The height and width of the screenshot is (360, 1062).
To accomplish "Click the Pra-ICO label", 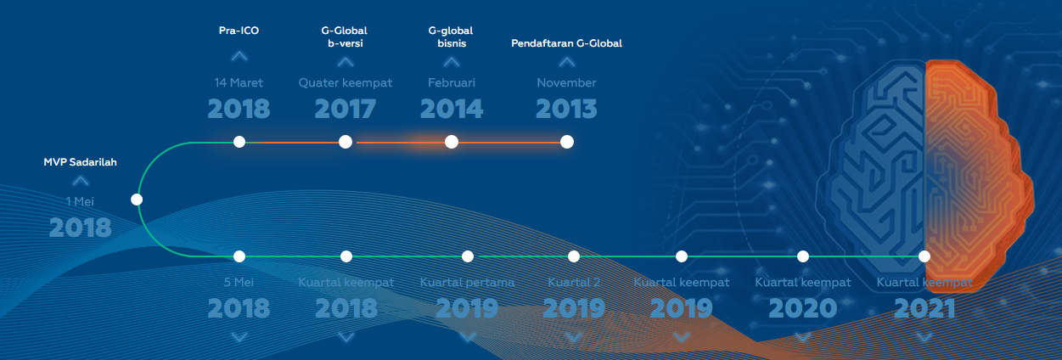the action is pyautogui.click(x=239, y=31).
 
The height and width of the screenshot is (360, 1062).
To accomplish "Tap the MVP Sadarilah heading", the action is pyautogui.click(x=80, y=162).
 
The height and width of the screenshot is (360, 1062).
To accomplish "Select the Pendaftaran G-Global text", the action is pyautogui.click(x=566, y=43).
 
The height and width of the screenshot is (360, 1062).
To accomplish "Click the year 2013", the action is pyautogui.click(x=566, y=109).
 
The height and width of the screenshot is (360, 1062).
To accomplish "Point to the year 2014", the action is pyautogui.click(x=452, y=109).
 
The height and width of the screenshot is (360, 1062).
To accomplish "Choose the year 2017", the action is pyautogui.click(x=346, y=109).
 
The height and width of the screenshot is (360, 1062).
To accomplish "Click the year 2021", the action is pyautogui.click(x=924, y=308).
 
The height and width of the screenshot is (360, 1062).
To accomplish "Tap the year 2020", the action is pyautogui.click(x=803, y=308).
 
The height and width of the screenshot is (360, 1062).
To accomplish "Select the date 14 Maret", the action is pyautogui.click(x=239, y=82).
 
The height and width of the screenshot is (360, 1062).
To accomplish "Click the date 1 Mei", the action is pyautogui.click(x=80, y=201).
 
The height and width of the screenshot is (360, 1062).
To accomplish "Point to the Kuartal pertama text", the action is pyautogui.click(x=467, y=283).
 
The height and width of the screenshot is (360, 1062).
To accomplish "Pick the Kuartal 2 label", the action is pyautogui.click(x=574, y=283).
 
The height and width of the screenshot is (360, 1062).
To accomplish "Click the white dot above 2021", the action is pyautogui.click(x=924, y=256).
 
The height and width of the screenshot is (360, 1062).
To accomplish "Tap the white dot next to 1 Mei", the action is pyautogui.click(x=137, y=200).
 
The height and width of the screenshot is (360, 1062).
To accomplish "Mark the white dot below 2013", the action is pyautogui.click(x=566, y=142).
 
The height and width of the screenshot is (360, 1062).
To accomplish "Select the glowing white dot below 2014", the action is pyautogui.click(x=452, y=142).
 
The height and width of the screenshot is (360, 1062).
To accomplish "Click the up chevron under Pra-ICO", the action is pyautogui.click(x=239, y=56).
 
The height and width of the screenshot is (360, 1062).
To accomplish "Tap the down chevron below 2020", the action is pyautogui.click(x=803, y=338).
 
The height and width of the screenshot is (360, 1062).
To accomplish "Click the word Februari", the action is pyautogui.click(x=452, y=82).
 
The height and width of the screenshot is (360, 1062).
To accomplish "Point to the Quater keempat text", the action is pyautogui.click(x=346, y=83).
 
